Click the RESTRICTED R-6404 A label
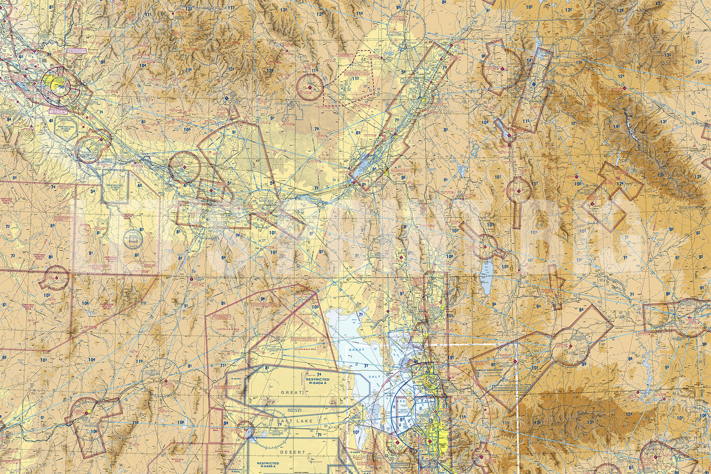click(317, 382)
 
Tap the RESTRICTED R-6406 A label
click(268, 465)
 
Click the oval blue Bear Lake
click(487, 277)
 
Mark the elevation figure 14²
click(616, 126)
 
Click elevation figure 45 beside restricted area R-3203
click(52, 120)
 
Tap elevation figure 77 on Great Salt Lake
click(366, 366)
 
